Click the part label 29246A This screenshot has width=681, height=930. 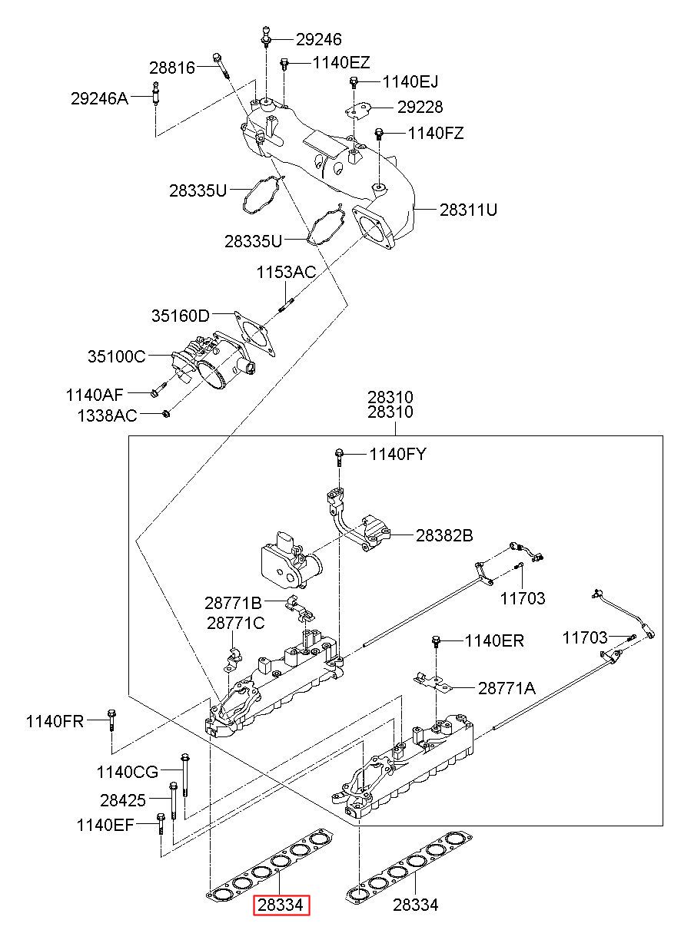point(99,99)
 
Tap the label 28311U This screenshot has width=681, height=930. point(468,210)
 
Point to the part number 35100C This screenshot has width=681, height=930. point(117,356)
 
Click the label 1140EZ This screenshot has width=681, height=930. point(341,63)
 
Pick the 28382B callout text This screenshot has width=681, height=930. point(444,535)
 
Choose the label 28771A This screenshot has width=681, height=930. point(507,688)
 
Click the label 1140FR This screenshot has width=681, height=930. point(55,722)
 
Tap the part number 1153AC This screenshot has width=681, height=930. point(286,273)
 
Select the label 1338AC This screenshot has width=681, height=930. point(107,415)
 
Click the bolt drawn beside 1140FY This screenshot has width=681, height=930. point(339,458)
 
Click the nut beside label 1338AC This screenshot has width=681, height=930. point(166,413)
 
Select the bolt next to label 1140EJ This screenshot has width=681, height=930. point(354,82)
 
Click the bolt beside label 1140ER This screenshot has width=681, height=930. point(437,641)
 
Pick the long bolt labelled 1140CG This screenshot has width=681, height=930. point(184,776)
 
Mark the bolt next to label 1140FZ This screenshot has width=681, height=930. point(378,134)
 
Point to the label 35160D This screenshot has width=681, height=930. point(181,316)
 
